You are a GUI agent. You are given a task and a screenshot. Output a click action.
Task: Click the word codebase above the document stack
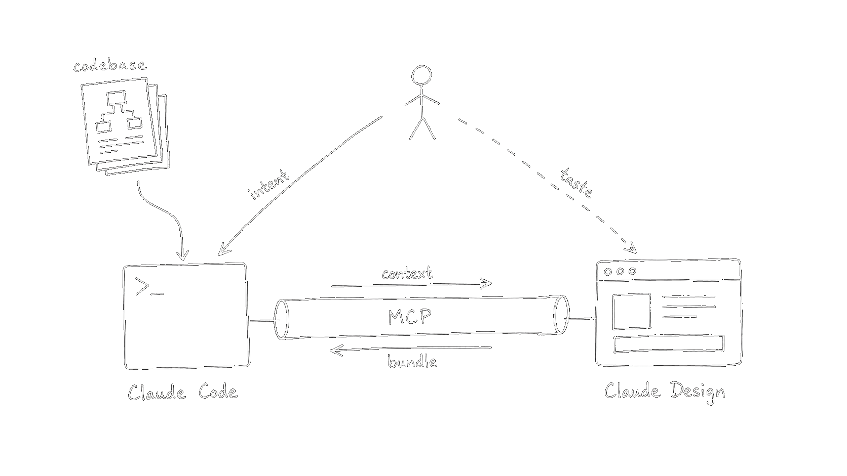[x=109, y=66]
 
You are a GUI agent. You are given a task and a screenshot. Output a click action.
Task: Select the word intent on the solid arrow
[x=269, y=185]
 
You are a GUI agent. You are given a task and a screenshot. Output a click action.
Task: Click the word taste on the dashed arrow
[x=577, y=183]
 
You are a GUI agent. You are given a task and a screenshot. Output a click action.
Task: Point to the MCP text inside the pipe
[x=410, y=317]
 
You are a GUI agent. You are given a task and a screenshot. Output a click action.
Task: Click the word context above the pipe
[x=407, y=274]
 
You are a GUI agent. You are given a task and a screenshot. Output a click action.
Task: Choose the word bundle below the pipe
[x=412, y=362]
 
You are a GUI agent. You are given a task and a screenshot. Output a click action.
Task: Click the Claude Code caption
[x=182, y=393]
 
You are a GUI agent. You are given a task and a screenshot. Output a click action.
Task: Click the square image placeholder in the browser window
[x=631, y=311]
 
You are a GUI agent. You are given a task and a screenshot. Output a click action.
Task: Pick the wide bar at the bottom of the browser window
[x=669, y=343]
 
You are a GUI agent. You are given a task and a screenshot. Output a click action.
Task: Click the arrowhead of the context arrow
[x=488, y=283]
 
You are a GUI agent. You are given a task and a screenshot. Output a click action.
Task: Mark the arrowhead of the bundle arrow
[x=334, y=350]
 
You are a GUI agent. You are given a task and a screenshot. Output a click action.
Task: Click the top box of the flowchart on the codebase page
[x=116, y=97]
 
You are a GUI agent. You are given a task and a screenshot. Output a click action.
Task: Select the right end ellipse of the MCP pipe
[x=561, y=315]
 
